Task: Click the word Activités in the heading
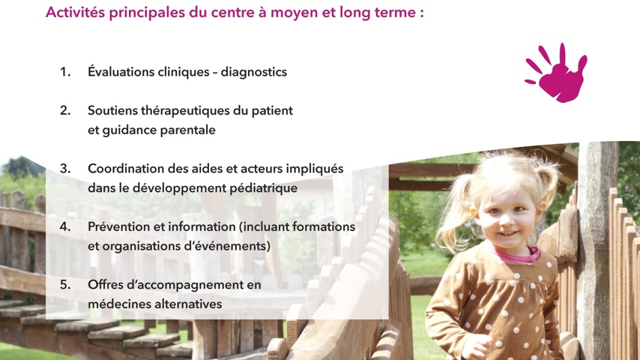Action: point(76,12)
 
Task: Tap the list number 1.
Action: point(65,72)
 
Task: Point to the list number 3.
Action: point(65,168)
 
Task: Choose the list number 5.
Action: point(65,284)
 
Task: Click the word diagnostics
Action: point(254,72)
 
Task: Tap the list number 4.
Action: point(65,226)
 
